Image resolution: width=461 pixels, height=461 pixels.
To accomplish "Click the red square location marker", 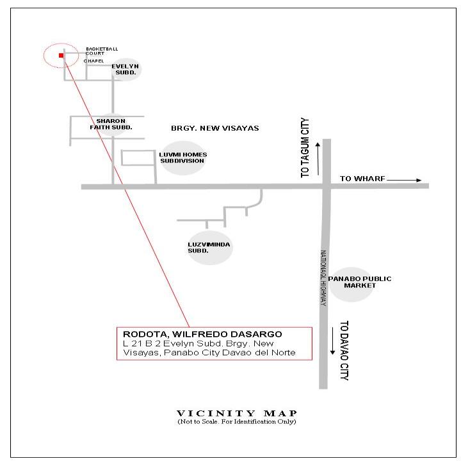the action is pyautogui.click(x=61, y=55).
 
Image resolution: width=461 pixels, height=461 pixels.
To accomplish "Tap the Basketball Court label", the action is pyautogui.click(x=102, y=51).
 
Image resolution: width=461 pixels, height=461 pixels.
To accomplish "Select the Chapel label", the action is pyautogui.click(x=93, y=61).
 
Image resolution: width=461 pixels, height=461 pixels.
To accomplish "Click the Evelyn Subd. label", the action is pyautogui.click(x=125, y=69).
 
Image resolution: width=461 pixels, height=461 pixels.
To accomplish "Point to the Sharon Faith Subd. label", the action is pyautogui.click(x=111, y=124).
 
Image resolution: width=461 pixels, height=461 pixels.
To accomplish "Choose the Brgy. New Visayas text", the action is pyautogui.click(x=215, y=128).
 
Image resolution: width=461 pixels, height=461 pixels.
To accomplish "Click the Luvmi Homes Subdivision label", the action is pyautogui.click(x=183, y=158).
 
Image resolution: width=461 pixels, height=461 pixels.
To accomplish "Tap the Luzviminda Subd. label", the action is pyautogui.click(x=209, y=248).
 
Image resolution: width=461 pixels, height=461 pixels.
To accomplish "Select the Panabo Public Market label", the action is pyautogui.click(x=360, y=282).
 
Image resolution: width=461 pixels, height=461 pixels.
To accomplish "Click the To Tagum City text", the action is pyautogui.click(x=305, y=148).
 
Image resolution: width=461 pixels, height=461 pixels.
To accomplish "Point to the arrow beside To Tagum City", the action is pyautogui.click(x=318, y=159).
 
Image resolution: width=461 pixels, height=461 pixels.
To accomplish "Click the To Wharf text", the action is pyautogui.click(x=362, y=179).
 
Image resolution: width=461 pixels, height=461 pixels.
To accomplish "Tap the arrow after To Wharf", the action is pyautogui.click(x=404, y=180).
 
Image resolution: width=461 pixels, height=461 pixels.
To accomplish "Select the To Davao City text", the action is pyautogui.click(x=344, y=350).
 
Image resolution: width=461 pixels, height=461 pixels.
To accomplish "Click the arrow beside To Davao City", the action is pyautogui.click(x=332, y=341).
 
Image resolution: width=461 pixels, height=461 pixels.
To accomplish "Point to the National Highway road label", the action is pyautogui.click(x=323, y=278).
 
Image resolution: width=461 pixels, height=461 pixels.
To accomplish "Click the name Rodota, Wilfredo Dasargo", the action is pyautogui.click(x=202, y=334).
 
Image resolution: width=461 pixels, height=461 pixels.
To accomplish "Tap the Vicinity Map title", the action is pyautogui.click(x=237, y=413).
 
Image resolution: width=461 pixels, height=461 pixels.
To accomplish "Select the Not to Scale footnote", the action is pyautogui.click(x=237, y=421).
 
